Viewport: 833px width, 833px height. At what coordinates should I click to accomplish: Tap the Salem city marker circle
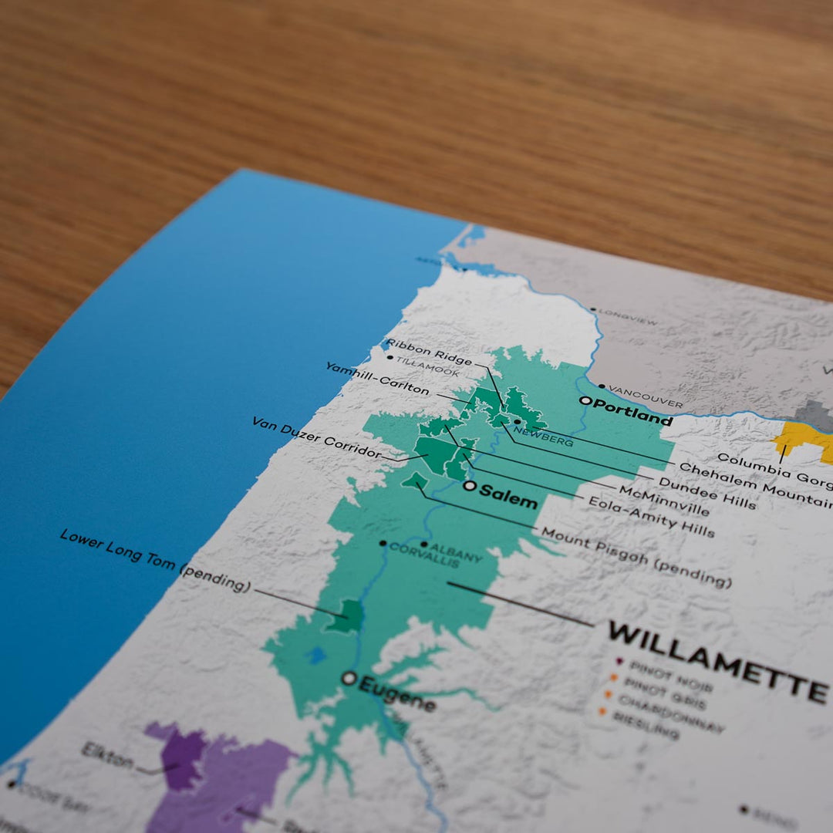coord(469,486)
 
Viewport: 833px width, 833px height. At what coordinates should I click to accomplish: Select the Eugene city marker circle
coord(349,678)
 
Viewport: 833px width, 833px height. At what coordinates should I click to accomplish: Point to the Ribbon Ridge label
coord(429,350)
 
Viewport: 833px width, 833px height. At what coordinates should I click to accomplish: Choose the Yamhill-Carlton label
coord(377,379)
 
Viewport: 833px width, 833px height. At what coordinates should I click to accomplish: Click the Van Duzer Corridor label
coord(316,437)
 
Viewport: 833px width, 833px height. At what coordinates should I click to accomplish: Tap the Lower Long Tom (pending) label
coord(155,560)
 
